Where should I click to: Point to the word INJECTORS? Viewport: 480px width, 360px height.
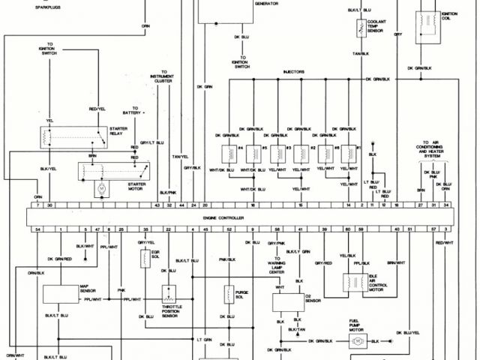pos(293,72)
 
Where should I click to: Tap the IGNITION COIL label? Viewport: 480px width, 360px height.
pos(450,15)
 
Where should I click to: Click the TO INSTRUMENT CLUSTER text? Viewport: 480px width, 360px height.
pos(162,80)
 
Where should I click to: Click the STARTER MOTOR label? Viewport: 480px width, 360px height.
pos(136,186)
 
